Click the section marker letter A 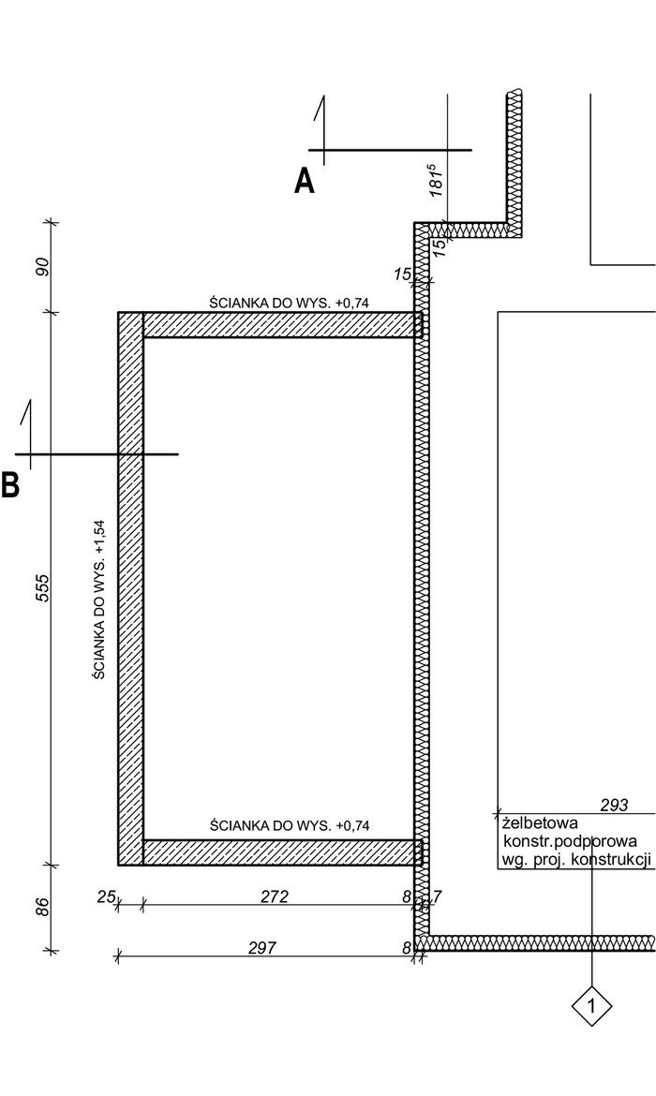305,181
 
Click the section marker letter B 9,484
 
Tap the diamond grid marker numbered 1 591,1006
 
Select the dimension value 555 42,588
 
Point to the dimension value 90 42,267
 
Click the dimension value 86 42,908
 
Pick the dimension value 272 275,896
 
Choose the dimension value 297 262,948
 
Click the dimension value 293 614,806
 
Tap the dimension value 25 106,896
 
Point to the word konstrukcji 611,859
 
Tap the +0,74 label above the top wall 351,303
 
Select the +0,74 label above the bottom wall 351,825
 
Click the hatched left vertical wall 131,588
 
